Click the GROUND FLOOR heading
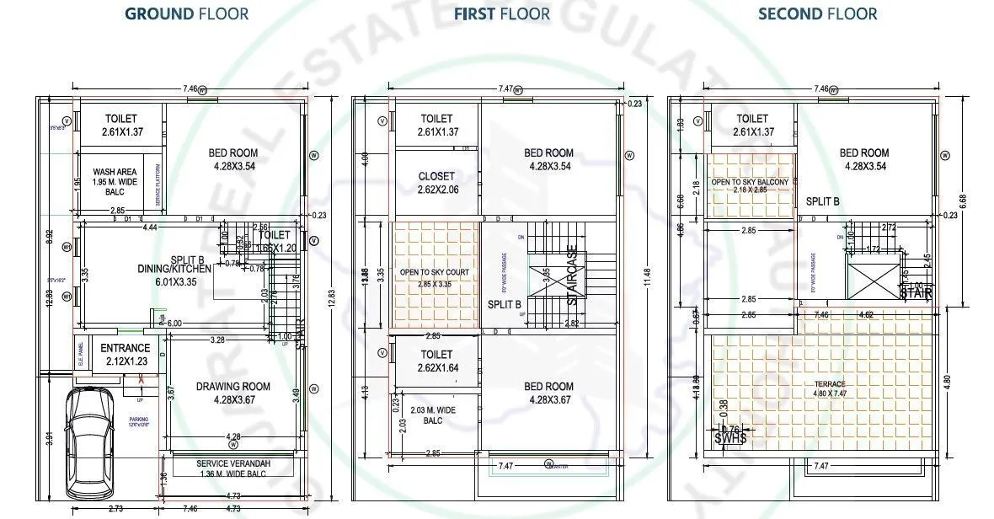coord(186,13)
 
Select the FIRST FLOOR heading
coord(502,13)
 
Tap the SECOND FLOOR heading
coord(817,13)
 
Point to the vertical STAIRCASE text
coord(572,275)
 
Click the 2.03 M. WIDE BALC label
coord(432,415)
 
